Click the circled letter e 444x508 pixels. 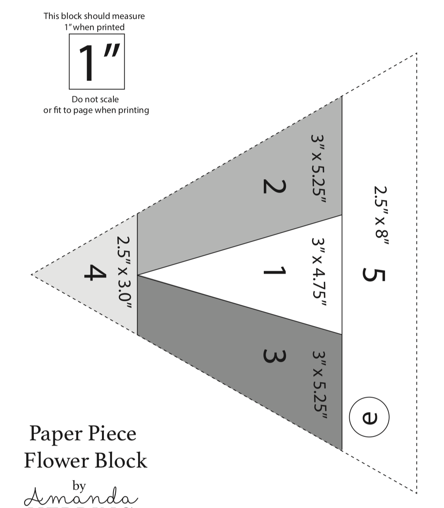pyautogui.click(x=369, y=417)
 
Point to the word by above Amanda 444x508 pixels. pyautogui.click(x=79, y=486)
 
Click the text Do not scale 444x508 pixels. pyautogui.click(x=95, y=99)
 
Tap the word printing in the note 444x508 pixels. pyautogui.click(x=133, y=111)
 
